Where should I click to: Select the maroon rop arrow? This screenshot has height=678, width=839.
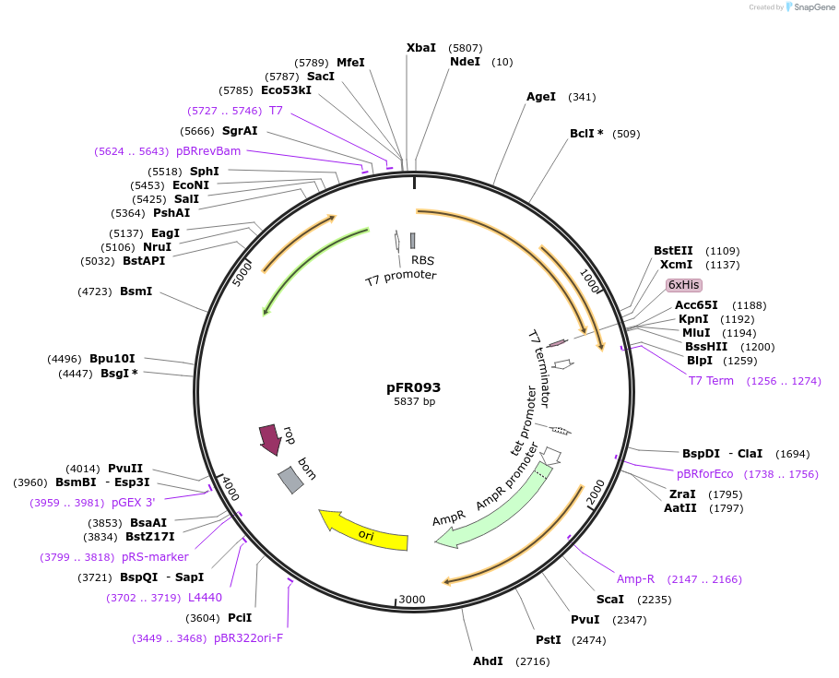click(269, 439)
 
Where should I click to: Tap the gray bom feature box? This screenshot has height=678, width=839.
click(290, 479)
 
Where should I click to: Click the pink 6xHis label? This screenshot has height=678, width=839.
click(684, 285)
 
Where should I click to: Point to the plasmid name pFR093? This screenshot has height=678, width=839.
click(414, 387)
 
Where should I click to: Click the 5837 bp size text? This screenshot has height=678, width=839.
click(414, 401)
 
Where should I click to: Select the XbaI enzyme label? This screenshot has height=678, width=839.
click(421, 47)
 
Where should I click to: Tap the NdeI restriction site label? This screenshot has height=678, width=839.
click(465, 62)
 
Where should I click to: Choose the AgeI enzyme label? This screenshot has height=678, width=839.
click(541, 96)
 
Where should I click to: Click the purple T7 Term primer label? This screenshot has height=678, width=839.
click(711, 381)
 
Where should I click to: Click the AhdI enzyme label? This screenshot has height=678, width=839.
click(488, 660)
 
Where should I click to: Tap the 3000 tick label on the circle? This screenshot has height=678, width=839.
click(412, 600)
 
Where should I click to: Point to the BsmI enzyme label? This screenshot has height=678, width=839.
click(136, 291)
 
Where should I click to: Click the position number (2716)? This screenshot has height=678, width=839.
click(532, 660)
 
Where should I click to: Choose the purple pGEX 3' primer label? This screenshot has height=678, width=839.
click(134, 503)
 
